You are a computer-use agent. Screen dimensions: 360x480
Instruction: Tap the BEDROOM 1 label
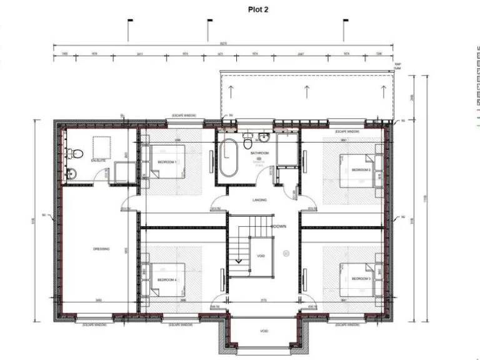pos(167,162)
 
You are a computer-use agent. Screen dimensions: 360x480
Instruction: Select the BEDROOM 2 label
pos(361,169)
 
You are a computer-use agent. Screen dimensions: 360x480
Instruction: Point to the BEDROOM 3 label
pos(361,278)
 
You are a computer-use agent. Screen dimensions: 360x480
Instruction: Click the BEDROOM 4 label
pos(167,279)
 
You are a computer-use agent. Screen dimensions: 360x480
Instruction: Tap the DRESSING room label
pos(101,249)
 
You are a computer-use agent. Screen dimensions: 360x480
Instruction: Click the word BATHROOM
pos(259,153)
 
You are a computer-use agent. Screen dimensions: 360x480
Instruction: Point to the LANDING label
pos(259,200)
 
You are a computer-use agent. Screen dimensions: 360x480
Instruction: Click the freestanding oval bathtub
pos(228,159)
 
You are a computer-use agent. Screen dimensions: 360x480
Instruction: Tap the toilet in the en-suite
pos(74,152)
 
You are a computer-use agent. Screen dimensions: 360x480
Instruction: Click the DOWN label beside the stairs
pos(279,226)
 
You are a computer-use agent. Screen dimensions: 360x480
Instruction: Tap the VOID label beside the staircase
pos(261,256)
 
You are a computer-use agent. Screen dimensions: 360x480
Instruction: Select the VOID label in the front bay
pos(264,331)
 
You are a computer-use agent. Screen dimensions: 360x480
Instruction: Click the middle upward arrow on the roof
pos(306,92)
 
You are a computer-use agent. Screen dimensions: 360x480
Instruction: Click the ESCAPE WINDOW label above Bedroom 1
pos(185,116)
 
